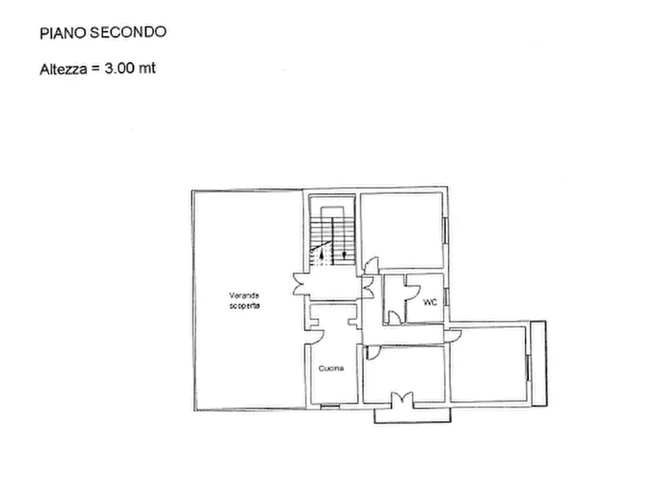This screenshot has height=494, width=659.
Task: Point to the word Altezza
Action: (62, 69)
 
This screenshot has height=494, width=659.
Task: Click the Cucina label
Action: (331, 369)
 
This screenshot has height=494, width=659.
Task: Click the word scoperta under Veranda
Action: (244, 305)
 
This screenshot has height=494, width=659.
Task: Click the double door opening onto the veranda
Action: (301, 284)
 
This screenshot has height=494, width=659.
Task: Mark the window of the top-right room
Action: (445, 229)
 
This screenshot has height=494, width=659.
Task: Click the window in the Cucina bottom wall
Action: (331, 405)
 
